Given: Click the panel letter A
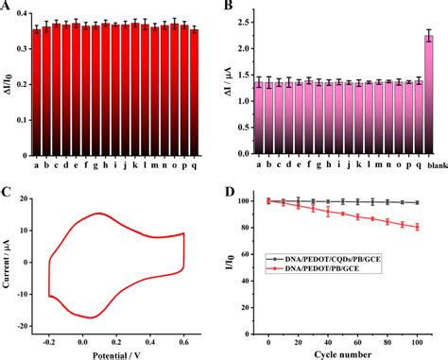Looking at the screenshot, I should (6, 9).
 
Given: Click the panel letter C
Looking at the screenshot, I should (7, 195).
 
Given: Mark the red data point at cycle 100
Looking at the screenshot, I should (418, 227).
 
